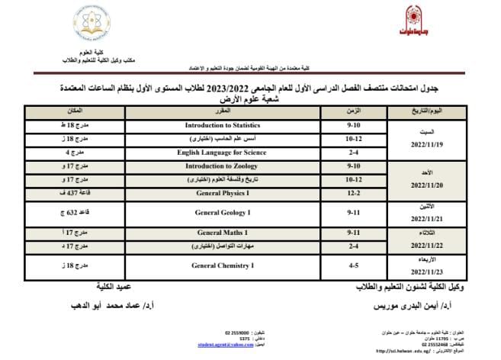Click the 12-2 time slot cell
353,193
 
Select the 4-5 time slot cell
353,265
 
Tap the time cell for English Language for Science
353,153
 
